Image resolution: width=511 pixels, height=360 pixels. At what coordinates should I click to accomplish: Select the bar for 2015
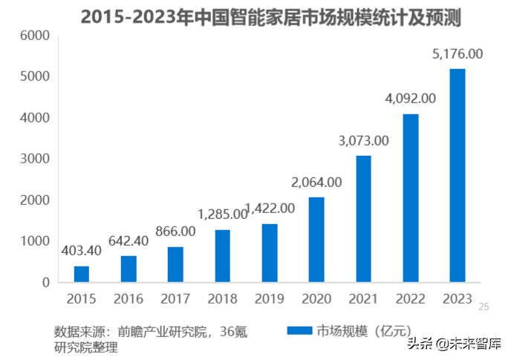click(x=82, y=274)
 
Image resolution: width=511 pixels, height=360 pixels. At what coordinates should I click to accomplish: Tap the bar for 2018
click(x=222, y=256)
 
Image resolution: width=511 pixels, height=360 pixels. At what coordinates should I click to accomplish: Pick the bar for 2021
click(x=363, y=219)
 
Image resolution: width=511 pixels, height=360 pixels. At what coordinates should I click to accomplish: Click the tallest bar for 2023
click(x=457, y=175)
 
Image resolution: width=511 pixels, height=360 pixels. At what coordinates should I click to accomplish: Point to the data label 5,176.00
click(x=457, y=54)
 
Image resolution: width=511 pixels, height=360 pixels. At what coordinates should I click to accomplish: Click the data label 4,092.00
click(x=410, y=98)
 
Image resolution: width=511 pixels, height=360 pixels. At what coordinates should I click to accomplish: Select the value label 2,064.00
click(x=316, y=182)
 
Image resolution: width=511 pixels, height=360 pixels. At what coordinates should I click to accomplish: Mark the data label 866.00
click(x=175, y=232)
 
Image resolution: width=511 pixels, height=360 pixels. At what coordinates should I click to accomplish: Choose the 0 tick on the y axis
click(x=45, y=283)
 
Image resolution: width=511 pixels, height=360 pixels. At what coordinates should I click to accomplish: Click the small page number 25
click(x=484, y=306)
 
